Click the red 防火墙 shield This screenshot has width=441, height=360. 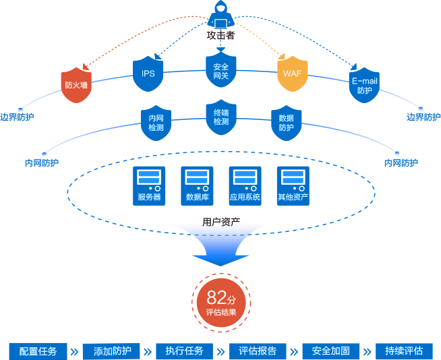click(76, 85)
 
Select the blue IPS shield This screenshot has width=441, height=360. click(148, 74)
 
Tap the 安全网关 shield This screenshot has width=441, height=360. click(220, 71)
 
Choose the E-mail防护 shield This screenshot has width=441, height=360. click(364, 84)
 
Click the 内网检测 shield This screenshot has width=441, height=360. click(156, 123)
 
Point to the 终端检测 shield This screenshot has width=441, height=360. click(220, 117)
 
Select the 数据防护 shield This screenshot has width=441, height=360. click(286, 123)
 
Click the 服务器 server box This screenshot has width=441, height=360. click(149, 186)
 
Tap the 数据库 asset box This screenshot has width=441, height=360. click(197, 186)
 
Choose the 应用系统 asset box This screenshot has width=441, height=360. click(245, 186)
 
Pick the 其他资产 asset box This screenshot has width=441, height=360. click(293, 186)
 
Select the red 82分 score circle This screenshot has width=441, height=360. click(220, 301)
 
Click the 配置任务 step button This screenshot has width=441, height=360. click(38, 351)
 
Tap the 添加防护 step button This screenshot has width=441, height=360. click(112, 351)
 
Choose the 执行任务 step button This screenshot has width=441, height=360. click(184, 351)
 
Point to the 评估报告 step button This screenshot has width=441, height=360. click(258, 351)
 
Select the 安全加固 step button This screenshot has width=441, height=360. click(330, 351)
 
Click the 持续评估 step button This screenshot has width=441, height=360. click(404, 351)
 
